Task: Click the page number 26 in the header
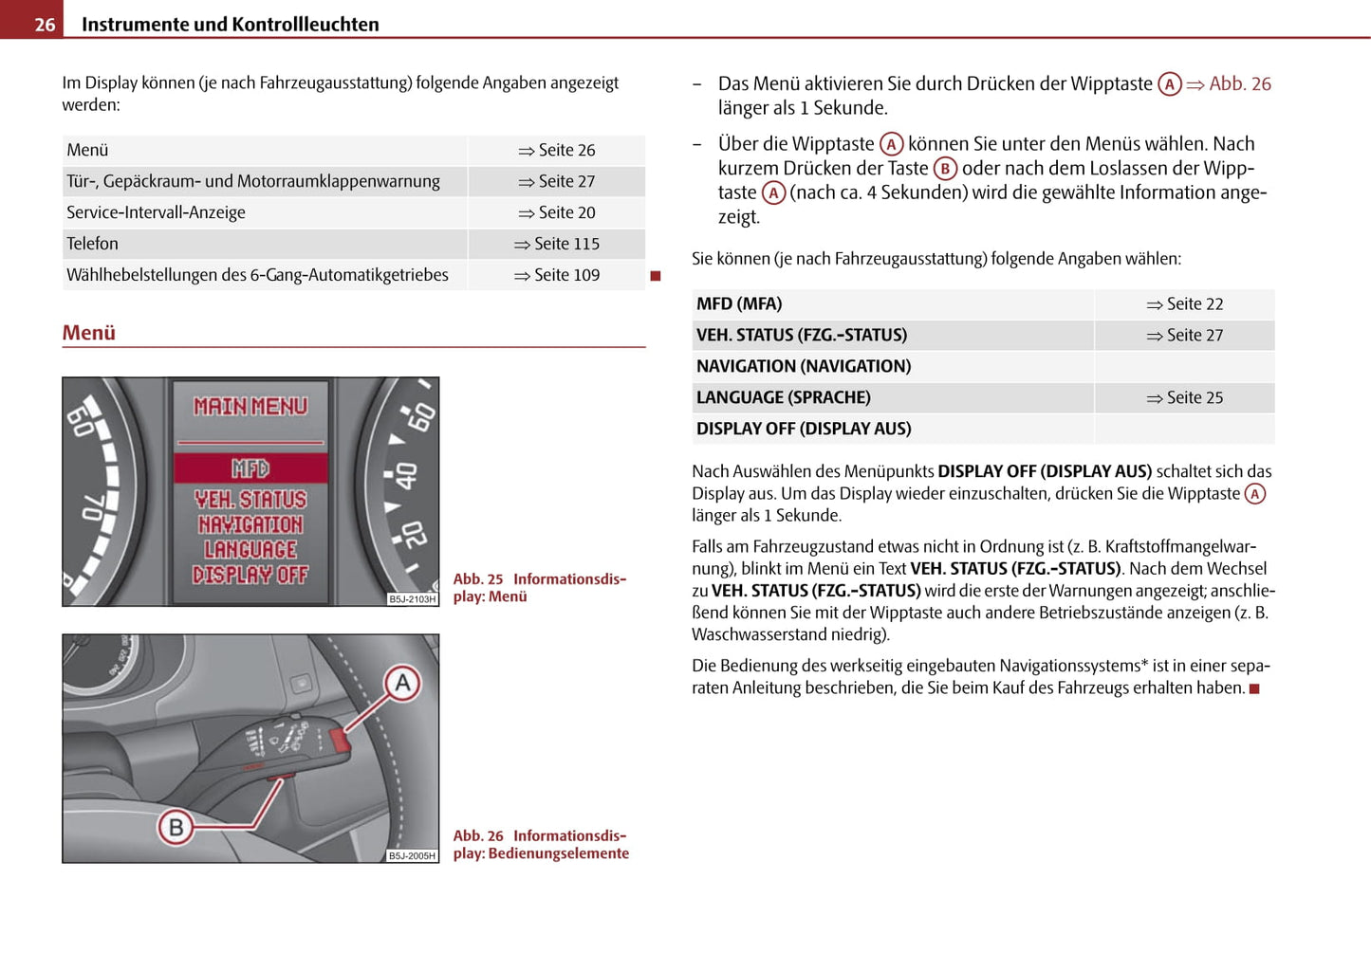pos(45,25)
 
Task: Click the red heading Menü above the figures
pos(89,333)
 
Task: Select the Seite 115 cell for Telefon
pos(557,244)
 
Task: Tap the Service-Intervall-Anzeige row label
pos(156,212)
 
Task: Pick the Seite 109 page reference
pos(557,275)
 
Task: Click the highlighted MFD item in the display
pos(250,468)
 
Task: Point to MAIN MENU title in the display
pos(250,407)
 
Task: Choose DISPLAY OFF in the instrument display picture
pos(250,575)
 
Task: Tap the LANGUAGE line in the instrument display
pos(250,550)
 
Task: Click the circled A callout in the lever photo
pos(402,684)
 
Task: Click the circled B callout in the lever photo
pos(176,828)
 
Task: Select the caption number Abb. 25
pos(478,579)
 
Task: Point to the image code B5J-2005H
pos(412,856)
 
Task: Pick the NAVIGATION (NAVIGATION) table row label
pos(804,367)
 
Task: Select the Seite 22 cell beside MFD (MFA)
pos(1185,304)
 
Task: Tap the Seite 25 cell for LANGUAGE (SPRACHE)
pos(1185,398)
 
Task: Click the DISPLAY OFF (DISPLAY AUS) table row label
pos(804,430)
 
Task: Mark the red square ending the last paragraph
pos(1254,689)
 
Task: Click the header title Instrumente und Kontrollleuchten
pos(231,25)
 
